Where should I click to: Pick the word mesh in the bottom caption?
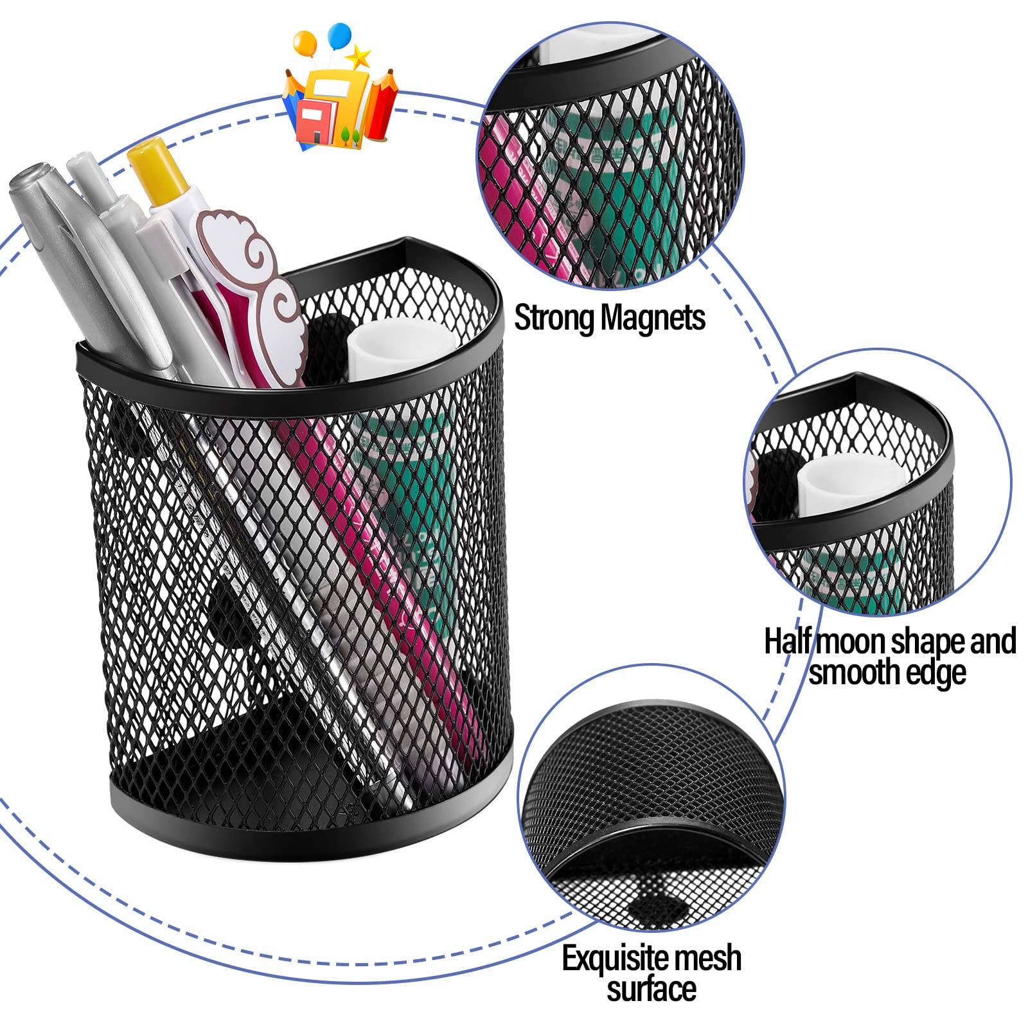coord(711,958)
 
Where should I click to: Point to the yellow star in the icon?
coord(360,57)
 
